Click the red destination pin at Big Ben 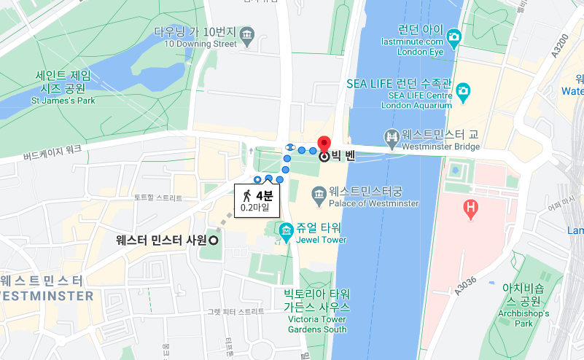pyautogui.click(x=324, y=143)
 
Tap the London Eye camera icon pyautogui.click(x=453, y=36)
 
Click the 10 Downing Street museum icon pyautogui.click(x=247, y=34)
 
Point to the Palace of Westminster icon pyautogui.click(x=319, y=193)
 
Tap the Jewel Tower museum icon pyautogui.click(x=287, y=230)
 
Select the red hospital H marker pyautogui.click(x=471, y=209)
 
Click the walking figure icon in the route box pyautogui.click(x=248, y=195)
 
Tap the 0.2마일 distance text pyautogui.click(x=254, y=207)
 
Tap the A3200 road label pyautogui.click(x=560, y=48)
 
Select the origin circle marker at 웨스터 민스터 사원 pyautogui.click(x=214, y=240)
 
